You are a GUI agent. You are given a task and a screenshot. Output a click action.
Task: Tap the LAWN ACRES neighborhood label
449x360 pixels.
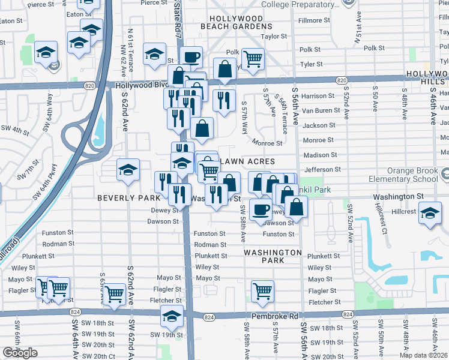(248, 162)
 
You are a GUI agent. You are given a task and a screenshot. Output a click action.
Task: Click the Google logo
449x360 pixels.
(20, 353)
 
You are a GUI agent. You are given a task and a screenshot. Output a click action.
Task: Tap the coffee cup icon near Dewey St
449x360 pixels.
(261, 210)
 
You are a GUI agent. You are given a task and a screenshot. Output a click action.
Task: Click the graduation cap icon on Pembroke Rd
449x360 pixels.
(172, 316)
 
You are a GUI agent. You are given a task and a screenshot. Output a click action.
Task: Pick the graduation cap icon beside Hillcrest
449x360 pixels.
(430, 214)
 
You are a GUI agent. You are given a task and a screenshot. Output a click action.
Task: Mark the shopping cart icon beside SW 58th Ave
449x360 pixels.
(262, 292)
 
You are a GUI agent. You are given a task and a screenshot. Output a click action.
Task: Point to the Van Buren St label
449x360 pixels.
(318, 111)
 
